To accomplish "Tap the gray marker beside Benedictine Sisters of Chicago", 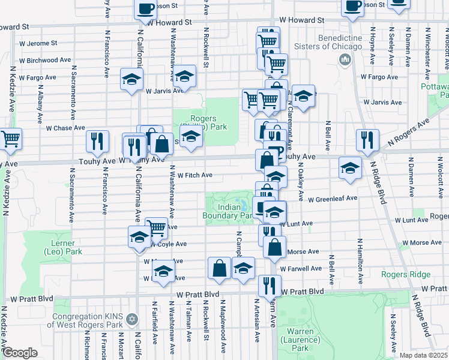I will [x=345, y=59].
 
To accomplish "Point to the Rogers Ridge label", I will [x=405, y=275].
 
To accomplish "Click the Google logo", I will [x=20, y=353].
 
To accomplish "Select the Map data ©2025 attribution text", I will [x=423, y=355].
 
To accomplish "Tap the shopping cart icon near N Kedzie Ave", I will [x=10, y=139].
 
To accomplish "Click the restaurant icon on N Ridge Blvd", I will [x=366, y=140].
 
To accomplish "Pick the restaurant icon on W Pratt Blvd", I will [x=269, y=286].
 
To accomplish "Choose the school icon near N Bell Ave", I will [x=350, y=168].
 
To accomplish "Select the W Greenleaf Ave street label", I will [x=333, y=198].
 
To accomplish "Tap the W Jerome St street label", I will [x=38, y=43].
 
